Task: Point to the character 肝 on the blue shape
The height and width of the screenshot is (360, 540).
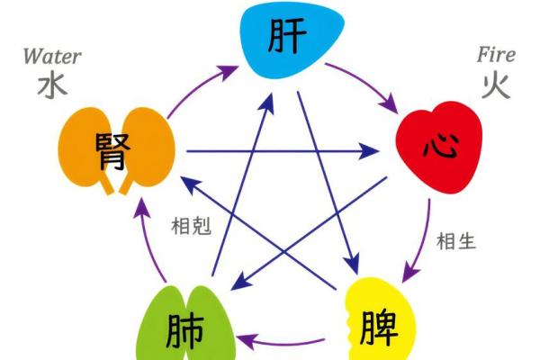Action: click(x=288, y=39)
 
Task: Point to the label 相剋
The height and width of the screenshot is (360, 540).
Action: click(x=191, y=225)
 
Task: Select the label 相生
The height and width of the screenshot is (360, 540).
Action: click(x=456, y=240)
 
